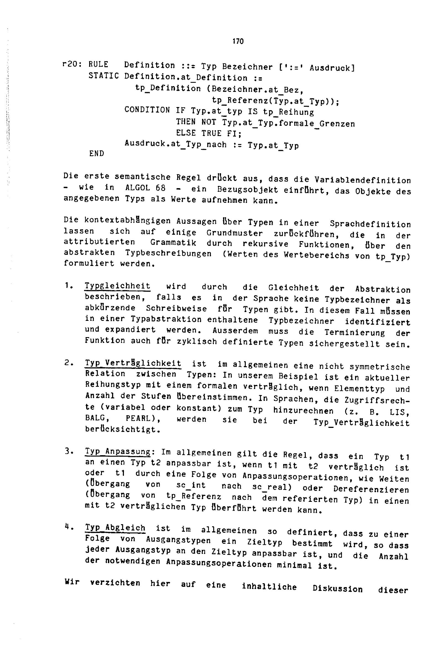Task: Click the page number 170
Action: (238, 41)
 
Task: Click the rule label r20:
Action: (71, 64)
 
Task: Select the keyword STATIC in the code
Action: (103, 76)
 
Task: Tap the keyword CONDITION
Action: (147, 110)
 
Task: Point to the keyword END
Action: (96, 153)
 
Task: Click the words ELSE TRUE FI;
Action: (209, 133)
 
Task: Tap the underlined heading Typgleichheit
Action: (118, 286)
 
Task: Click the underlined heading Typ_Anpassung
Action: (118, 451)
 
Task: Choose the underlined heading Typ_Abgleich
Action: (115, 527)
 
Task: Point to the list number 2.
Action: (68, 363)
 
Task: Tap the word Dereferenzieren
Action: (371, 489)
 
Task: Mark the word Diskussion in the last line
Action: (338, 588)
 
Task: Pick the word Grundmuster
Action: (234, 233)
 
